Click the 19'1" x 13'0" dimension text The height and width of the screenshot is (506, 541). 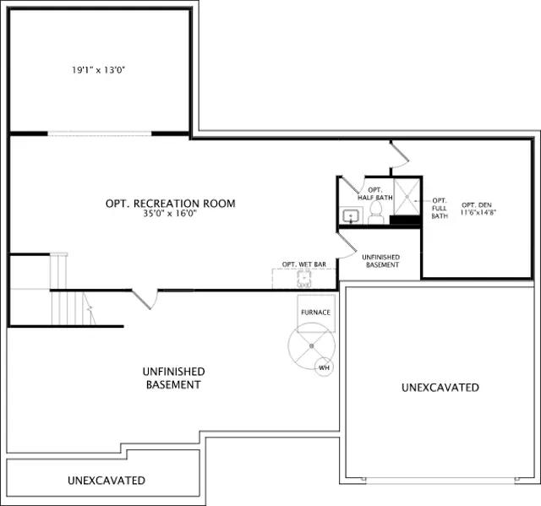point(98,70)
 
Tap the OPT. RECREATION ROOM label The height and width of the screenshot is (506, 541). point(171,204)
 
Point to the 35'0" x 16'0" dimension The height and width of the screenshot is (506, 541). point(170,214)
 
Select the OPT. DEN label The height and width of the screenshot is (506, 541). point(477,205)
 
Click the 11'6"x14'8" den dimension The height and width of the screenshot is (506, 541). point(478,212)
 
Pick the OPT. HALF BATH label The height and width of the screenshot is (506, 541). point(375,193)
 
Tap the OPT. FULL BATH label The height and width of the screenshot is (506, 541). point(440,208)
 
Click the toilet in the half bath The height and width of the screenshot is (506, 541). point(375,213)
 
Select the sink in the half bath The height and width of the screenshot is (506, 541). point(351,216)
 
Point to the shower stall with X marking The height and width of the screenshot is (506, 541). point(407,197)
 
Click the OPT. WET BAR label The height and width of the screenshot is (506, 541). point(304,264)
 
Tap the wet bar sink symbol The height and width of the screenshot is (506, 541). point(304,279)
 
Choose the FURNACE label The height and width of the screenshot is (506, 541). point(315,313)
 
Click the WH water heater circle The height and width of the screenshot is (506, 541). point(324,367)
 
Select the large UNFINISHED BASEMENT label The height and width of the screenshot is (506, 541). point(173,378)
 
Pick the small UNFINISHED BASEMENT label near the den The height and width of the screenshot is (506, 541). point(381,261)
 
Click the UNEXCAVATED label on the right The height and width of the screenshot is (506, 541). point(440,388)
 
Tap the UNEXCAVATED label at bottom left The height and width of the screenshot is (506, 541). point(107,481)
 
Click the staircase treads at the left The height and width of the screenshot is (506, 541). point(73,307)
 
